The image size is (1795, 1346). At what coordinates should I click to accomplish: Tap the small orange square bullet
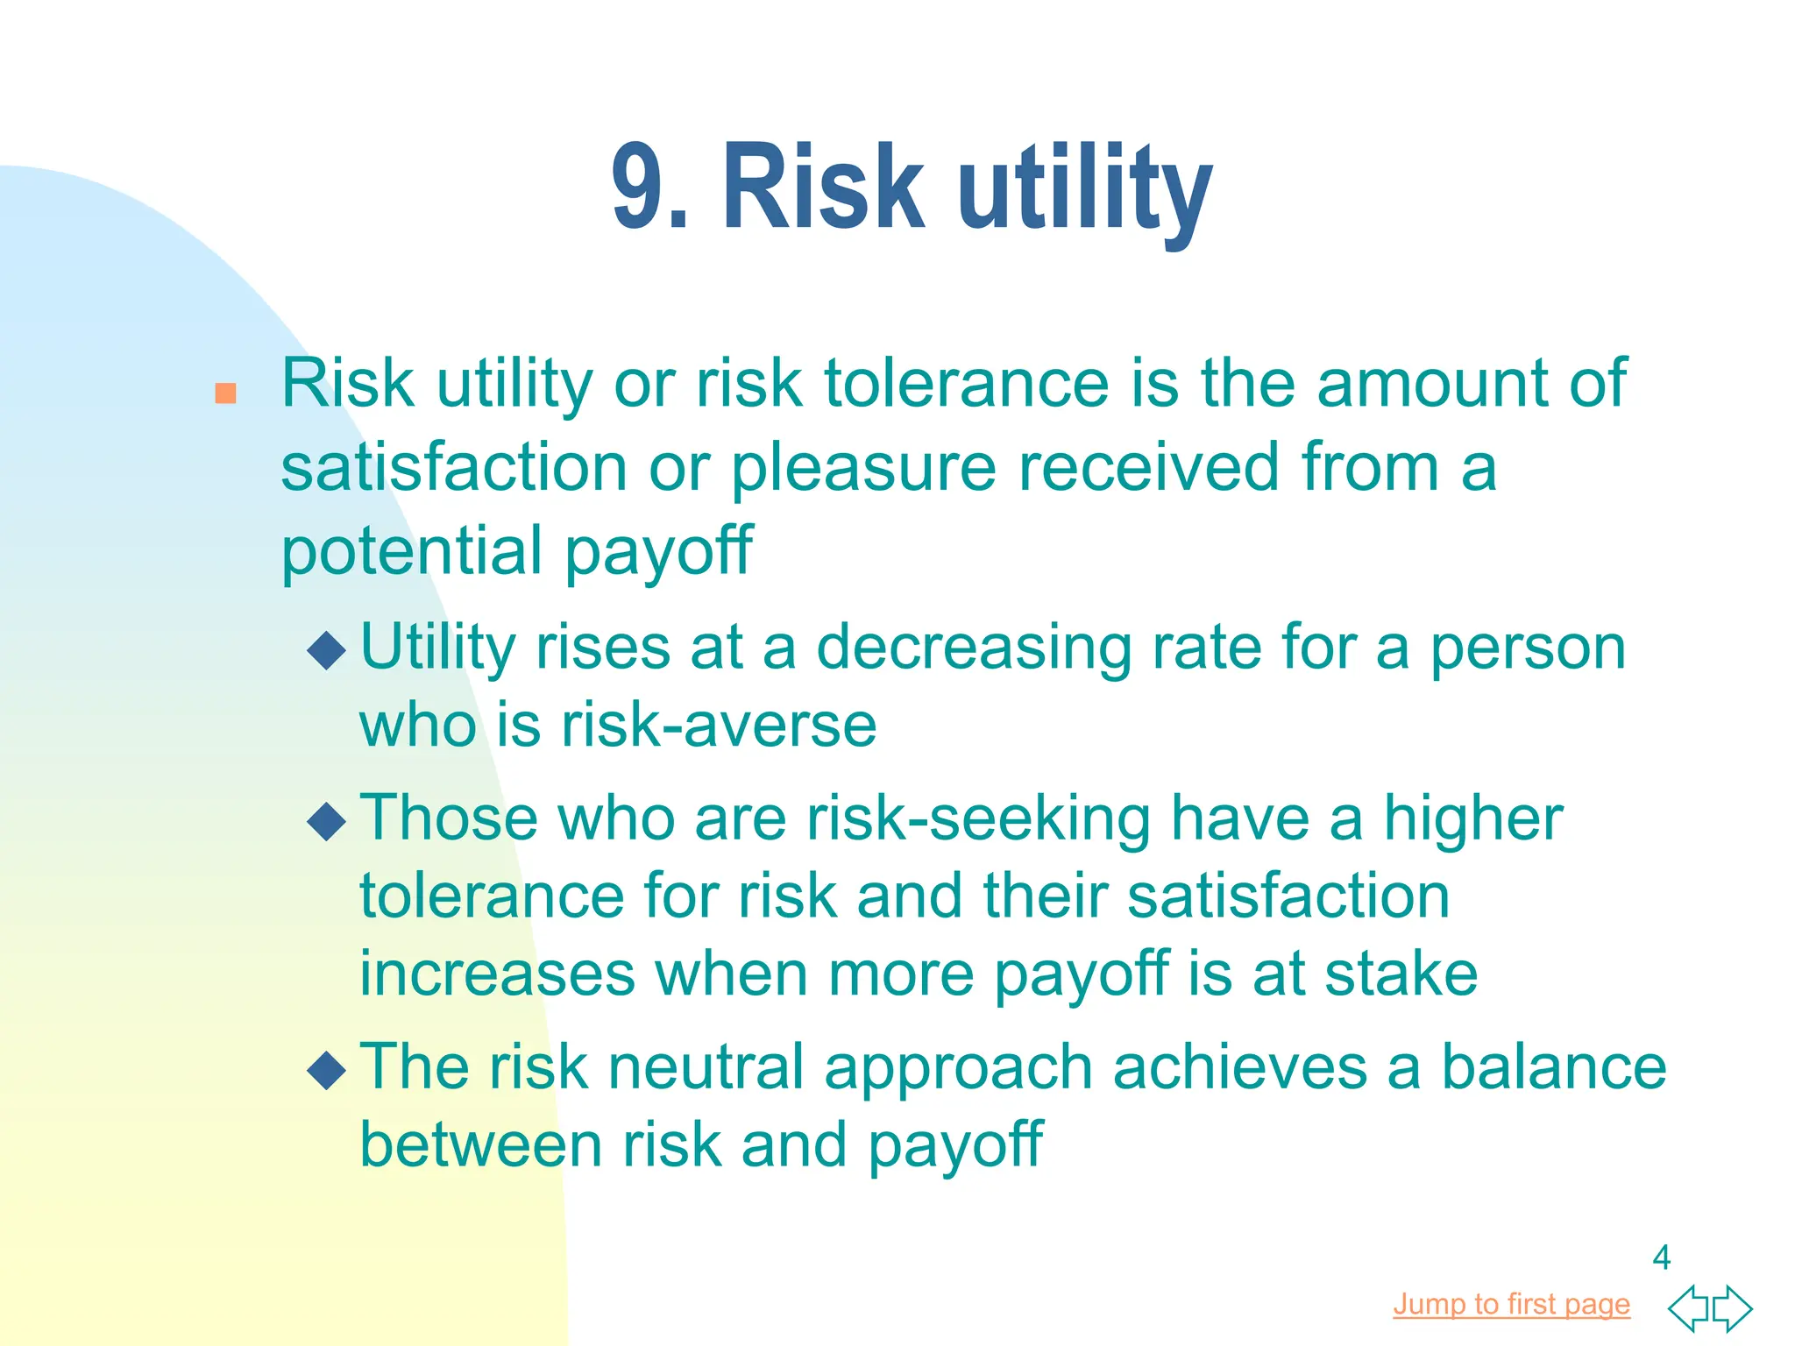coord(225,393)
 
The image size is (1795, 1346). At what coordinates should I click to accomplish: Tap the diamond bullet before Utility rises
coord(327,650)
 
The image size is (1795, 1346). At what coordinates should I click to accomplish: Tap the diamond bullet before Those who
coord(327,821)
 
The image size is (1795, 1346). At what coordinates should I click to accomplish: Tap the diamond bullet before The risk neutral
coord(327,1070)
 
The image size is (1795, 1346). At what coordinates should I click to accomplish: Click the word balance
coord(1553,1067)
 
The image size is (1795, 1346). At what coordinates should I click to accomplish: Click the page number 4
coord(1661,1257)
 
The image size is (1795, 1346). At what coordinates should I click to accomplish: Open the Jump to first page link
coord(1511,1304)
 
